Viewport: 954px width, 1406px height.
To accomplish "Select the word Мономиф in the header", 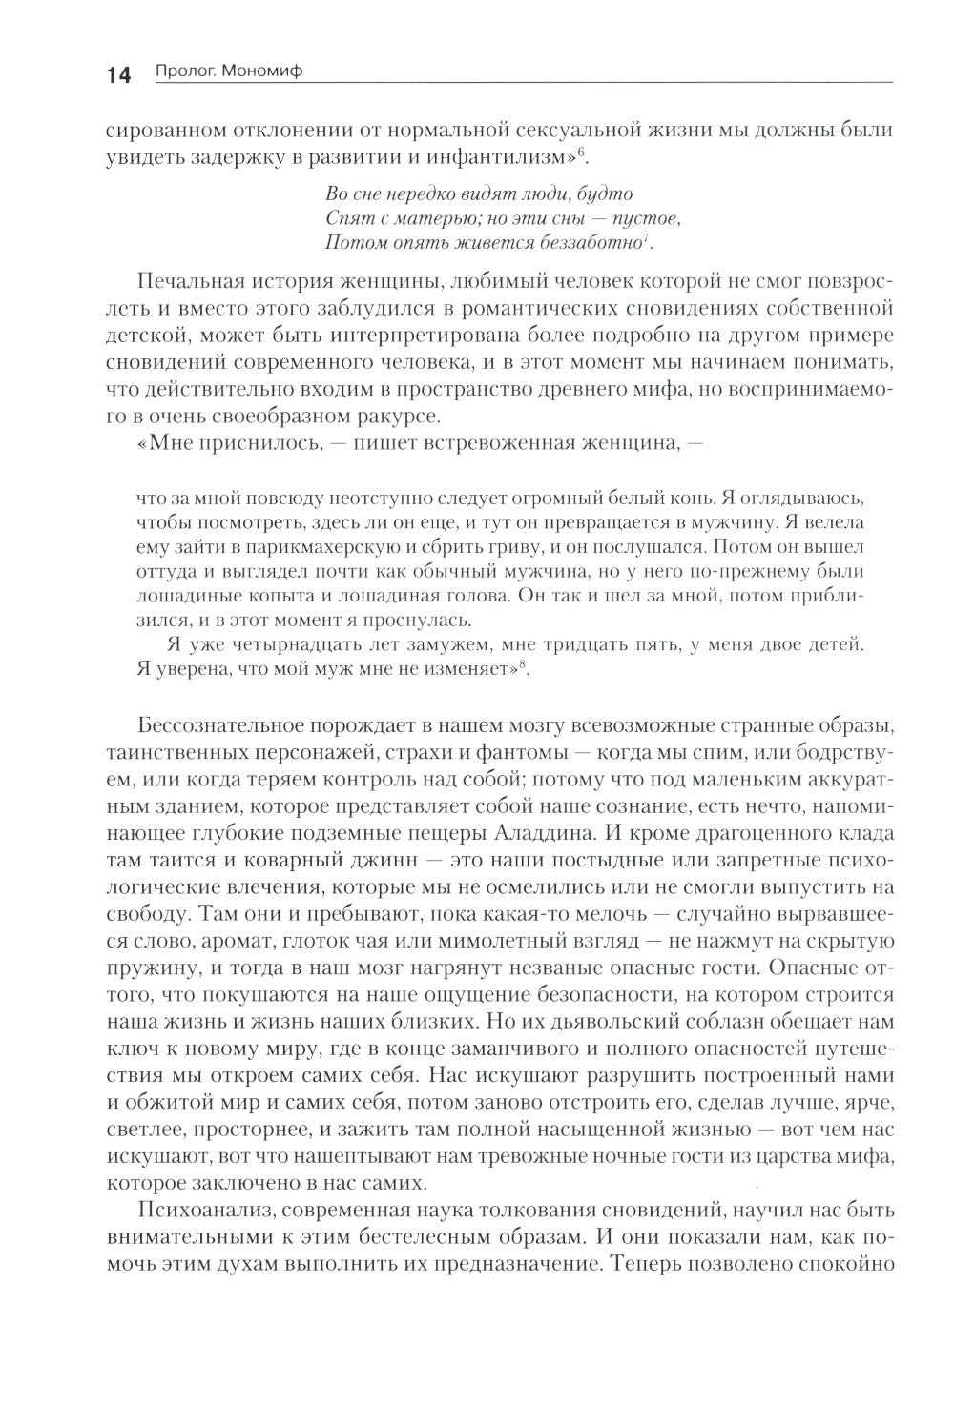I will (263, 73).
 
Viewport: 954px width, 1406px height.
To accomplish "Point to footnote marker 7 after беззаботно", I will (647, 237).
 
